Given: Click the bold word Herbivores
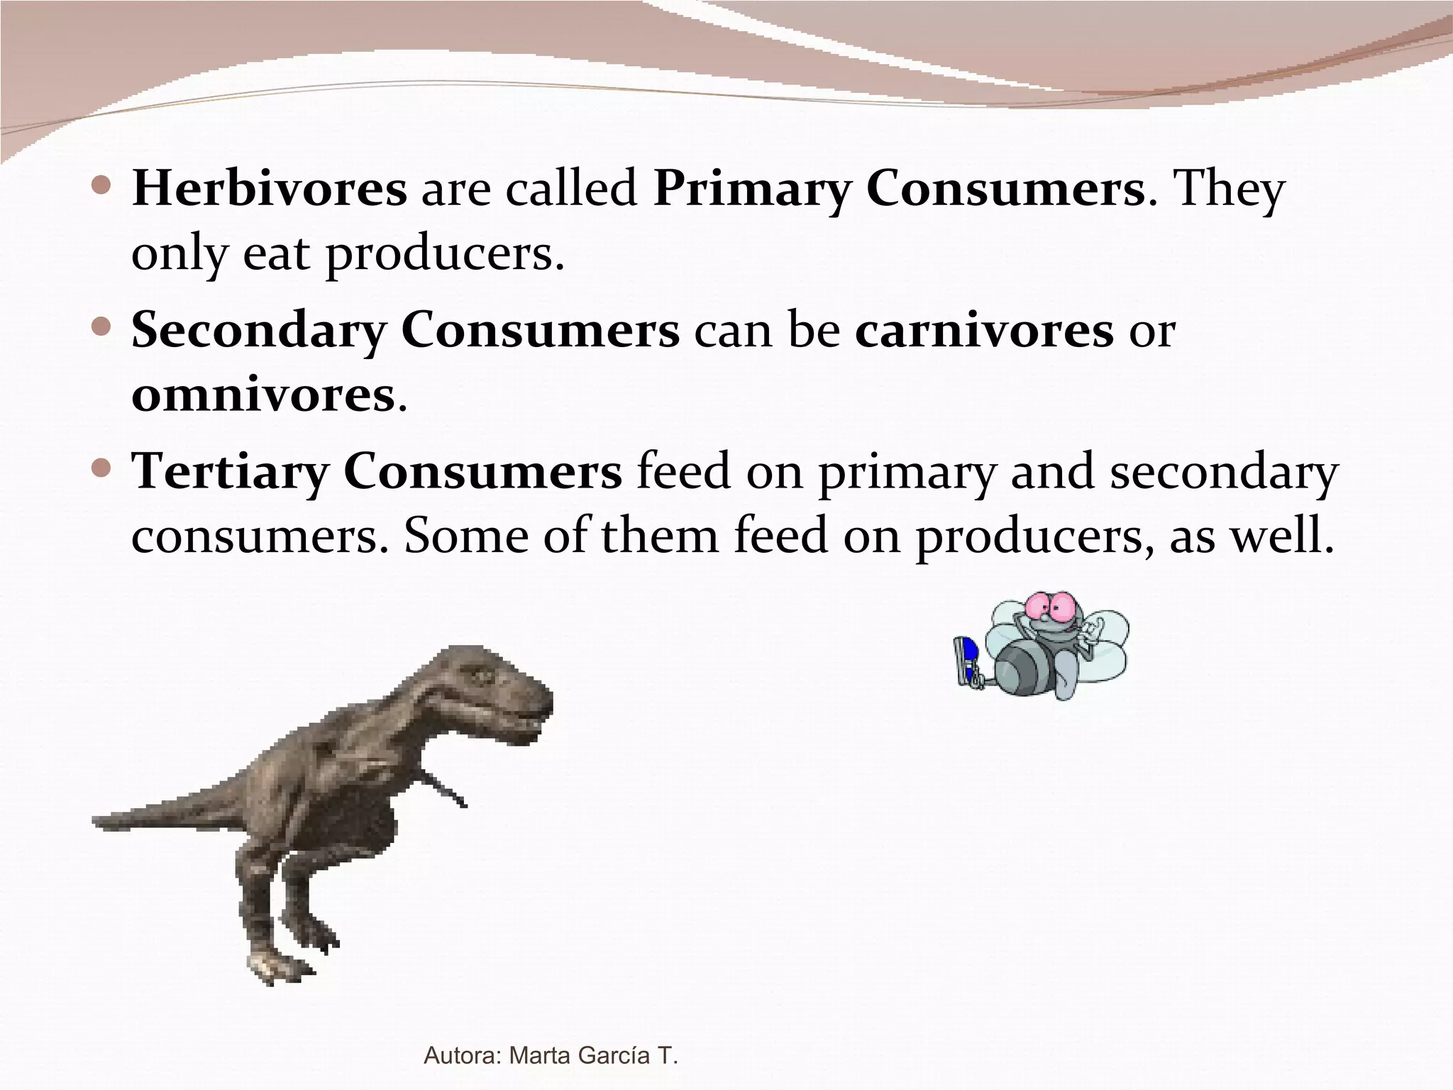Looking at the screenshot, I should (269, 189).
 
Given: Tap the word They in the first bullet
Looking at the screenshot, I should (1230, 190).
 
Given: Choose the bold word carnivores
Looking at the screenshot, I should (984, 331).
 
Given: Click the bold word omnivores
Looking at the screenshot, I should (263, 395).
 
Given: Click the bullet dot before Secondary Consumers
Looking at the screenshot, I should (102, 327).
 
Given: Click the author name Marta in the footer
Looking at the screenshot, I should (541, 1055).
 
